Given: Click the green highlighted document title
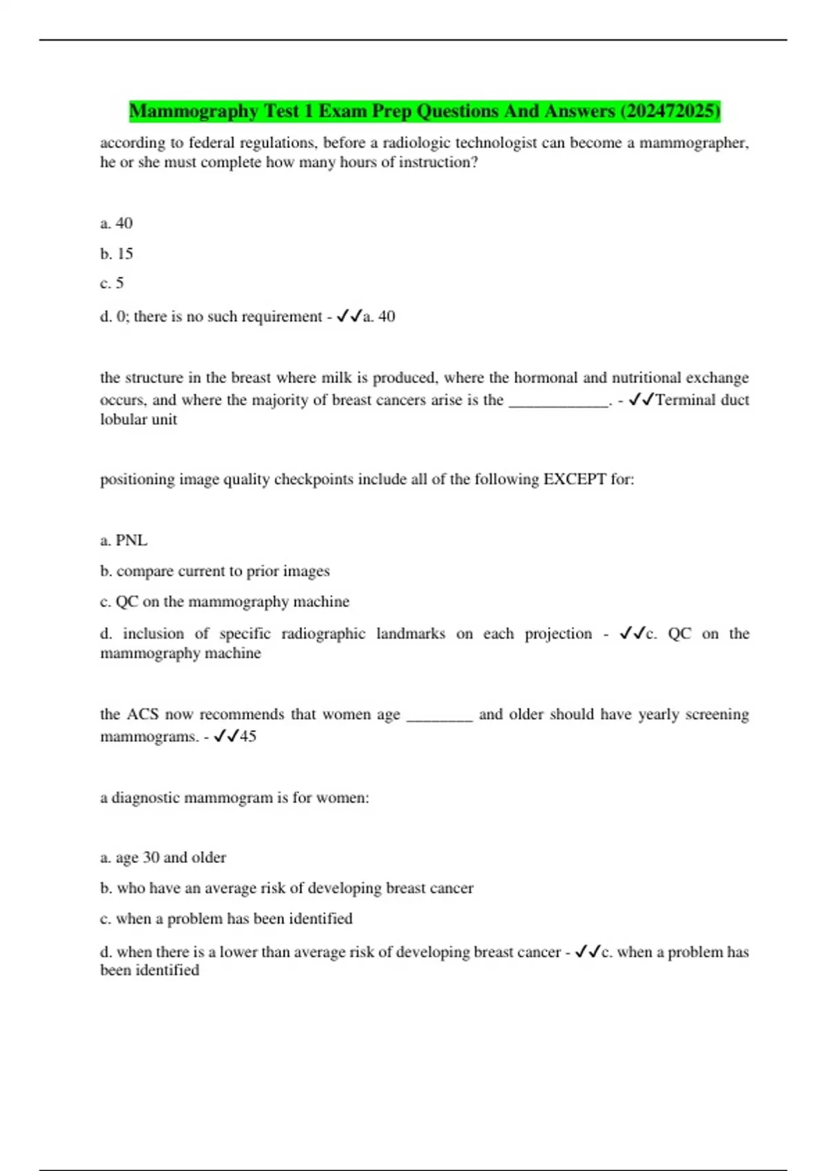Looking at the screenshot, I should tap(424, 111).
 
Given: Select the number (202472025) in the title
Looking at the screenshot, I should tap(670, 111).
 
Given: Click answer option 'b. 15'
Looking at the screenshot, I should tap(116, 253).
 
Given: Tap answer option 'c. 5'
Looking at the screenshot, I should tap(112, 283).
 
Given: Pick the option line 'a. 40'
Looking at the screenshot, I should tap(116, 223).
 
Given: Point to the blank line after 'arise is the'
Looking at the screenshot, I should tap(558, 401).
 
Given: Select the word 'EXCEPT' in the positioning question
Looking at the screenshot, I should tap(575, 479).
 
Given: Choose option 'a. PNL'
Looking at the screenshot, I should tap(124, 540).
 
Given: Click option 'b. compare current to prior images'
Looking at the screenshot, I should tap(214, 571).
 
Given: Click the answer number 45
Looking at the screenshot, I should tap(248, 736).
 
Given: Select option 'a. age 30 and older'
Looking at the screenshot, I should tap(163, 858).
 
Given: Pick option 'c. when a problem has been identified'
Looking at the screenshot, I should tap(226, 918).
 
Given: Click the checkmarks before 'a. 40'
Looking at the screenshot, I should tap(349, 316).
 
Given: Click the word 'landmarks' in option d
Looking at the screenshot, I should tap(411, 634).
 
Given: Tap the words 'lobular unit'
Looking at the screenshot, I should tap(139, 419).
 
